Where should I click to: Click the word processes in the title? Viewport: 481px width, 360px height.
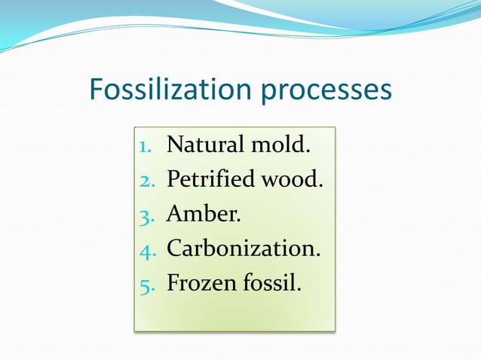tap(326, 91)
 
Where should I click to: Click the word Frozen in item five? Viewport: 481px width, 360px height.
tap(198, 284)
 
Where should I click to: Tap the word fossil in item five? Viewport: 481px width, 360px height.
tap(268, 284)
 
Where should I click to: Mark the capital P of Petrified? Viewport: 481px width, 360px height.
tap(173, 179)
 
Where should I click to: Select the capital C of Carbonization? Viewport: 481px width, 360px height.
tap(174, 249)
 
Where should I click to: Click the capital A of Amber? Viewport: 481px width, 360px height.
tap(175, 214)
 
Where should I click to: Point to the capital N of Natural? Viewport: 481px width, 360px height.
tap(175, 144)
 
